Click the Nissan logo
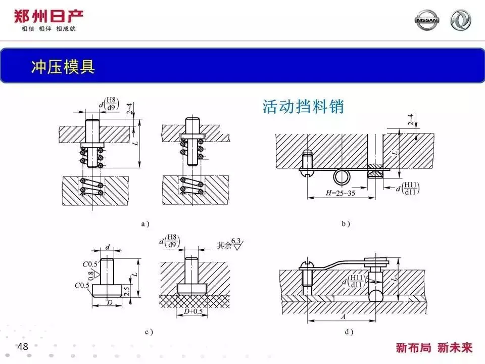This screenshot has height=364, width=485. [x=427, y=20]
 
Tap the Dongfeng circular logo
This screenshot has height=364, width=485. [x=460, y=20]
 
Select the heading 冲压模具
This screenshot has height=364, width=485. [x=63, y=67]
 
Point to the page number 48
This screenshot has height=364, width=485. [x=23, y=347]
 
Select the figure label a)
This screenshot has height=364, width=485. [x=145, y=223]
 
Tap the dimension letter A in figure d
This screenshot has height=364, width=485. [x=344, y=316]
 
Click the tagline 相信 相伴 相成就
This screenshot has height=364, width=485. [x=48, y=29]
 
